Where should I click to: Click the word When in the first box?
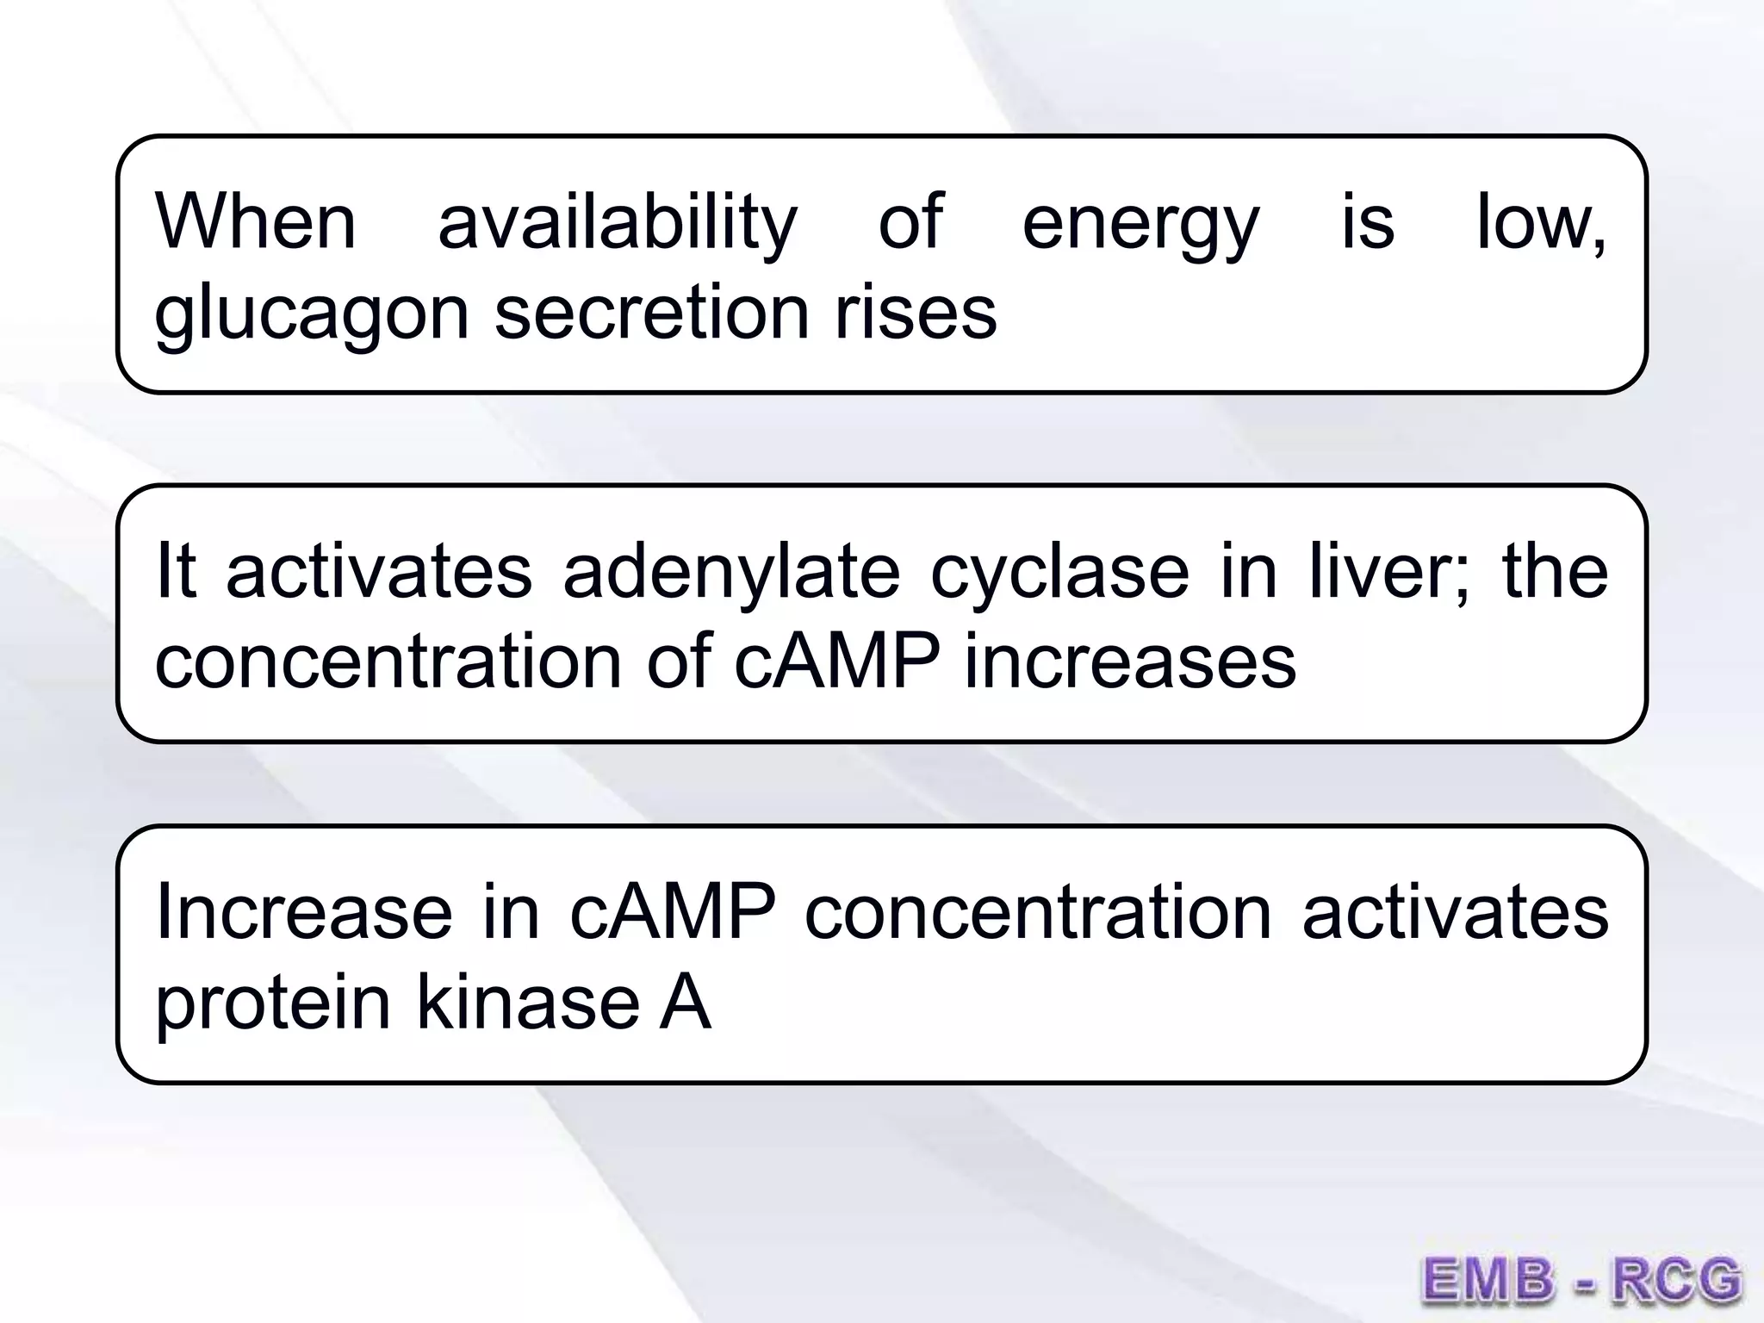click(255, 222)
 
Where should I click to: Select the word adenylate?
click(731, 573)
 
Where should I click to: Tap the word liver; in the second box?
click(1389, 573)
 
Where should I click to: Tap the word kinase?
click(528, 1003)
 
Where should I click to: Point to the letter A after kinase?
click(686, 1003)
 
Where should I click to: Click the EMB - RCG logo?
click(1581, 1278)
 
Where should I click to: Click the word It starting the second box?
click(176, 573)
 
